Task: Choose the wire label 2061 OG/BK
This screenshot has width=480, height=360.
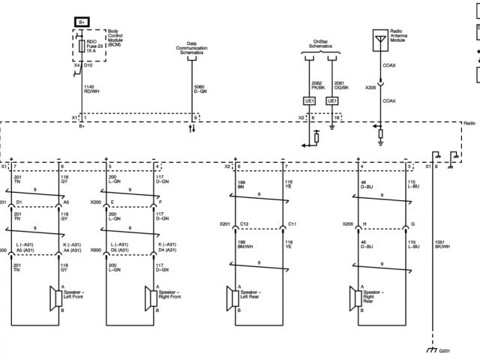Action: tap(342, 86)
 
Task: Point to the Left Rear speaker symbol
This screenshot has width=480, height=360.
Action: tap(231, 298)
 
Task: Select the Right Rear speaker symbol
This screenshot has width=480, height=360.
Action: tap(353, 298)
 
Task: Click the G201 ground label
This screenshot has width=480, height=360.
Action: tap(445, 350)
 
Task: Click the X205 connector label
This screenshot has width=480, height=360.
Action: tap(370, 87)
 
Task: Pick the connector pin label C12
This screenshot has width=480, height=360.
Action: tap(244, 224)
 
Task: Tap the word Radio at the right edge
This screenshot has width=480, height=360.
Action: tap(469, 122)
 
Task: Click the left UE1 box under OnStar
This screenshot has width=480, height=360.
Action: tap(309, 100)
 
